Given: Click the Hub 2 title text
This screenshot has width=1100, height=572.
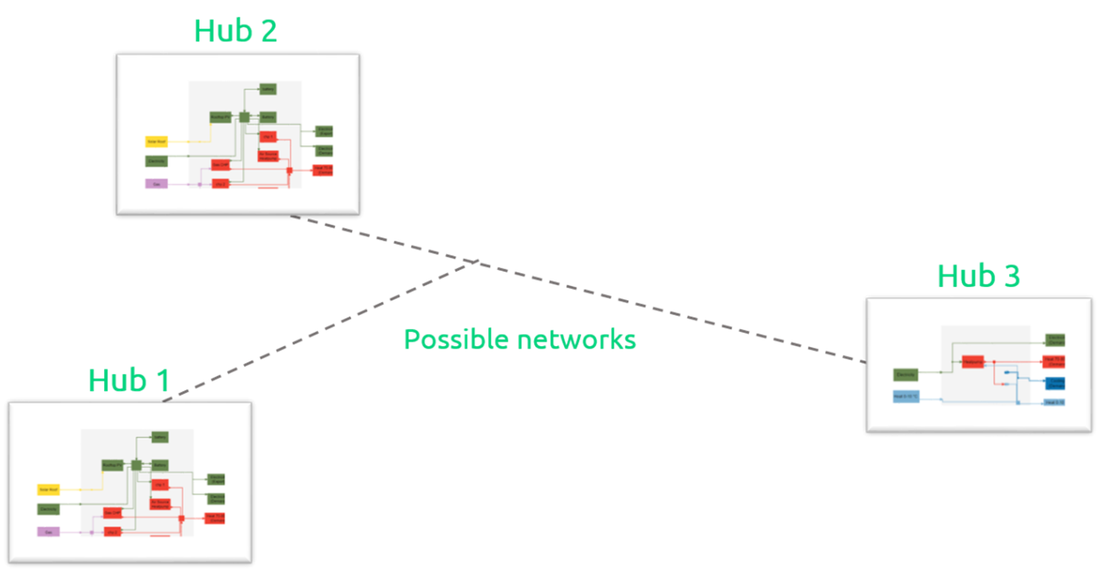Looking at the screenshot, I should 236,31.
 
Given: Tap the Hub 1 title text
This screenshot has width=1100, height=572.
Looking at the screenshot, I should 129,381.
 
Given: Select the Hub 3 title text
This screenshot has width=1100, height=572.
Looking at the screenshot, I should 978,276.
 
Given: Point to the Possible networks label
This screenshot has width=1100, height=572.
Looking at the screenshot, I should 519,340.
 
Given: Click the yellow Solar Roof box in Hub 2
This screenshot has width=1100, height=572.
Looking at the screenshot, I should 156,141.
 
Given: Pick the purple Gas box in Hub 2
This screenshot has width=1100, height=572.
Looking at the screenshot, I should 156,184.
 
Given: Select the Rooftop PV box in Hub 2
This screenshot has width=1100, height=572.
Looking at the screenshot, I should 220,118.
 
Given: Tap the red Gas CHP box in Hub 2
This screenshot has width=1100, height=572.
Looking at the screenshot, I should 220,165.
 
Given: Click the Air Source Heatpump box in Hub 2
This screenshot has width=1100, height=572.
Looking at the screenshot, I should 268,155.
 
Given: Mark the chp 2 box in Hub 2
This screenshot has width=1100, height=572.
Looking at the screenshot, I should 220,184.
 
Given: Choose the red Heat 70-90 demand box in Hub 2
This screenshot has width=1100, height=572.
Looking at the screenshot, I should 322,170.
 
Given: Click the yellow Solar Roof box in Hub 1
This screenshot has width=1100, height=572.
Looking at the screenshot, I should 48,489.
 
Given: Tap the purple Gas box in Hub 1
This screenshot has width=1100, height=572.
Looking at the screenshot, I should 48,531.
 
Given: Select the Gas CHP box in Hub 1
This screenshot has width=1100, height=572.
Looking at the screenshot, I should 112,513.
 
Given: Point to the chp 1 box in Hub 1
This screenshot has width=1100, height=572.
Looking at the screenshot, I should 160,484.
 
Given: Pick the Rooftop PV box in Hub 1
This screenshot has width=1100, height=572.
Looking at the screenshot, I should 112,465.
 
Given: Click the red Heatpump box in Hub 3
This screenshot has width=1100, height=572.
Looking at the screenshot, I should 972,361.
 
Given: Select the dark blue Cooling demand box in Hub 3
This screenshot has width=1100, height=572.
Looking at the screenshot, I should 1055,383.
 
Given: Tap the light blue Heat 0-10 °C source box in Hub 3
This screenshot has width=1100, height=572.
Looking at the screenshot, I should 905,396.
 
